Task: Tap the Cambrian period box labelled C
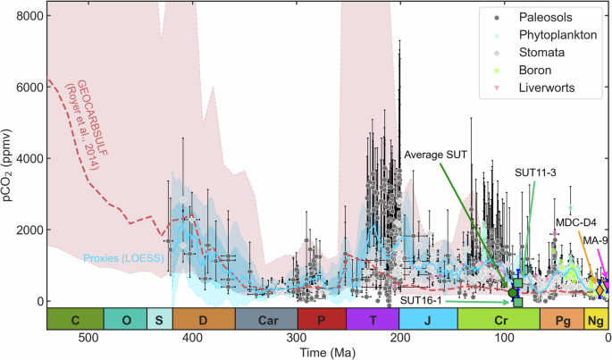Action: click(75, 319)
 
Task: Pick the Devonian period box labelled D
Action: click(204, 319)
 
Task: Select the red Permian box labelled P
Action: click(321, 319)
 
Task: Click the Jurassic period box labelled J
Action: click(428, 319)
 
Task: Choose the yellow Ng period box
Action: click(596, 319)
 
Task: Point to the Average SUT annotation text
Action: click(438, 155)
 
